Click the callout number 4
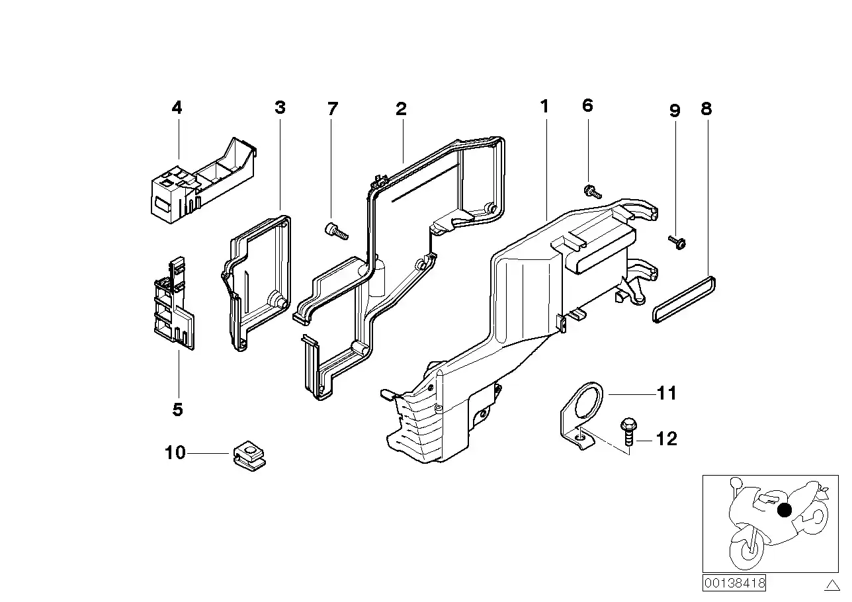177,107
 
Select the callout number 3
280,107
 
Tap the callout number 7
332,108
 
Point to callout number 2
401,109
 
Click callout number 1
544,106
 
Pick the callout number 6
587,105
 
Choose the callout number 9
675,110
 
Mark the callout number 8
706,108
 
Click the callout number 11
667,394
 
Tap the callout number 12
667,439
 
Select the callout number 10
175,453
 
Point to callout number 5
177,409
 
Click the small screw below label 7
336,231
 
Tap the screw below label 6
592,193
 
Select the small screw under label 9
677,242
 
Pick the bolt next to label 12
626,431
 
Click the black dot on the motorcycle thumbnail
785,510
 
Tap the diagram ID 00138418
734,583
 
